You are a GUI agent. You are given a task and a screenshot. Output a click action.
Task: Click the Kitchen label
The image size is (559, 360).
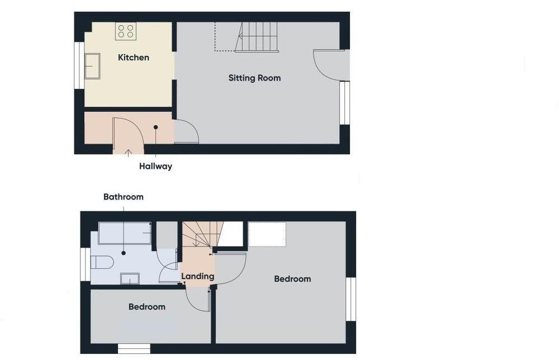click(x=134, y=57)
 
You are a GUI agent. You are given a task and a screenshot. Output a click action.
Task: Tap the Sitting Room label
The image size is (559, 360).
click(x=254, y=78)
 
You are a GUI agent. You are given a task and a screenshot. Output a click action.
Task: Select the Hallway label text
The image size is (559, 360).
click(x=155, y=166)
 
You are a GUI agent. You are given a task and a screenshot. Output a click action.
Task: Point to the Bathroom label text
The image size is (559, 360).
click(x=123, y=197)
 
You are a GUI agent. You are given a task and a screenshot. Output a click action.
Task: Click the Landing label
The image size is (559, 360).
click(x=197, y=276)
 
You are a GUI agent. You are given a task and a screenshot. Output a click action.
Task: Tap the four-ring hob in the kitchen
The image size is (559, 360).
click(x=126, y=31)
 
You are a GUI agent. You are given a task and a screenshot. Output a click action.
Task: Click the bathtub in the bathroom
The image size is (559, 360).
click(x=125, y=233)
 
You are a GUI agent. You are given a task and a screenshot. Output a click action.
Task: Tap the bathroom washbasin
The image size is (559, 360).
click(x=130, y=278)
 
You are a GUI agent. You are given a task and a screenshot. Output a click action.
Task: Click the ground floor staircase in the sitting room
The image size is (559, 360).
click(x=257, y=37)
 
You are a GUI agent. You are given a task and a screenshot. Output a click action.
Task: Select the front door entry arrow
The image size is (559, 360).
click(x=128, y=151)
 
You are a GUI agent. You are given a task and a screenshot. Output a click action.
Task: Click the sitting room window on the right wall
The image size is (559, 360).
click(x=345, y=103)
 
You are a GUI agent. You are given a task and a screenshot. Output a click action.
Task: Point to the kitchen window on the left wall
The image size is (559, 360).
click(x=79, y=65)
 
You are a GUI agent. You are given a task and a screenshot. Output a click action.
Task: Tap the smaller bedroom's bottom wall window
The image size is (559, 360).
click(x=134, y=349)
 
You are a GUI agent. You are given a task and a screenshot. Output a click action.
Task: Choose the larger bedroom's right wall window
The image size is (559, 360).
click(x=350, y=299)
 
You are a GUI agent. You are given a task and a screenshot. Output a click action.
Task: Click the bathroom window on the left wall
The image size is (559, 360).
click(x=85, y=264)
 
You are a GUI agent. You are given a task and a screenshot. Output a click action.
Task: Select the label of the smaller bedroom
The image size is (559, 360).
click(x=147, y=306)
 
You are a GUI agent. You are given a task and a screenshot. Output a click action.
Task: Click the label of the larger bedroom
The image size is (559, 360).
click(x=292, y=278)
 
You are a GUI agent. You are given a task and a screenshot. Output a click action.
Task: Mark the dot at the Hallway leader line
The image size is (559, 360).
click(x=156, y=127)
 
